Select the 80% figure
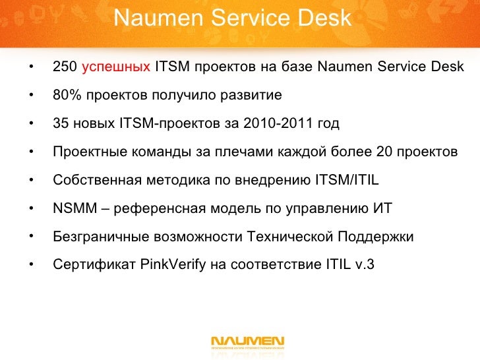click(67, 96)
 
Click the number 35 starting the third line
click(60, 124)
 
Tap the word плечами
click(249, 152)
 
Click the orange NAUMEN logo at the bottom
click(247, 342)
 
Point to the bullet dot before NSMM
click(31, 209)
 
